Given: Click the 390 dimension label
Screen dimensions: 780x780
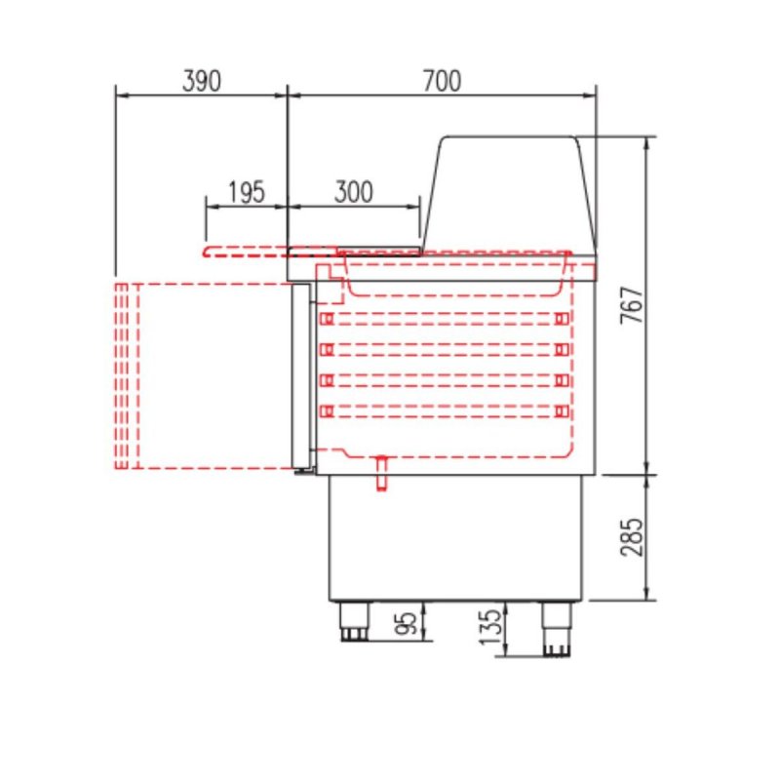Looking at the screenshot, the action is pos(202,81).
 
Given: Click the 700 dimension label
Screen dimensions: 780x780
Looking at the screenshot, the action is pos(443,81).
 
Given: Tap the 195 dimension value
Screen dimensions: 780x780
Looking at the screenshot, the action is pos(247,192).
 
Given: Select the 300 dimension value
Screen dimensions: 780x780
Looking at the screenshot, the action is pos(354,192).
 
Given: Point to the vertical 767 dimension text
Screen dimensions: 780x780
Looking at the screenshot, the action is pos(632,305).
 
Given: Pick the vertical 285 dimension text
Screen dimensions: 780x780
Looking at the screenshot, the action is pos(632,537).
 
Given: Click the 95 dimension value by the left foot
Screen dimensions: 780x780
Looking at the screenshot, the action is pos(407,623).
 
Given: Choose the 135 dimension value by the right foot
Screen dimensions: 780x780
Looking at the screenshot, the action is pos(491,626).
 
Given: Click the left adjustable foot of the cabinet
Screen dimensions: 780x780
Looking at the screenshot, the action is pos(355,621).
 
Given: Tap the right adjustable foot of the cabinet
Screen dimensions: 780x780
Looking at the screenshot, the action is pos(557,629).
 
